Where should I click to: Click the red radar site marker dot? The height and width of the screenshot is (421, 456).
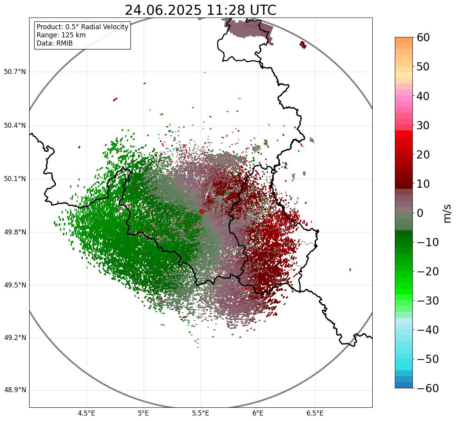click(201, 211)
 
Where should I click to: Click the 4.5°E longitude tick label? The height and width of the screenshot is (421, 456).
click(86, 414)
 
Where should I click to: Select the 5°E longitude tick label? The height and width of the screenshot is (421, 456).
click(144, 414)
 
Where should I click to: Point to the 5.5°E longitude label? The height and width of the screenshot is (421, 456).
click(201, 414)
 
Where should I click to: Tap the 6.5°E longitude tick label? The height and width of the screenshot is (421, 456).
click(315, 414)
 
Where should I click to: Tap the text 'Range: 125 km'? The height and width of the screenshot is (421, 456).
click(61, 35)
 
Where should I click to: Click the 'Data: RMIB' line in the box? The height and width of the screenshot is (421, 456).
click(55, 43)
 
